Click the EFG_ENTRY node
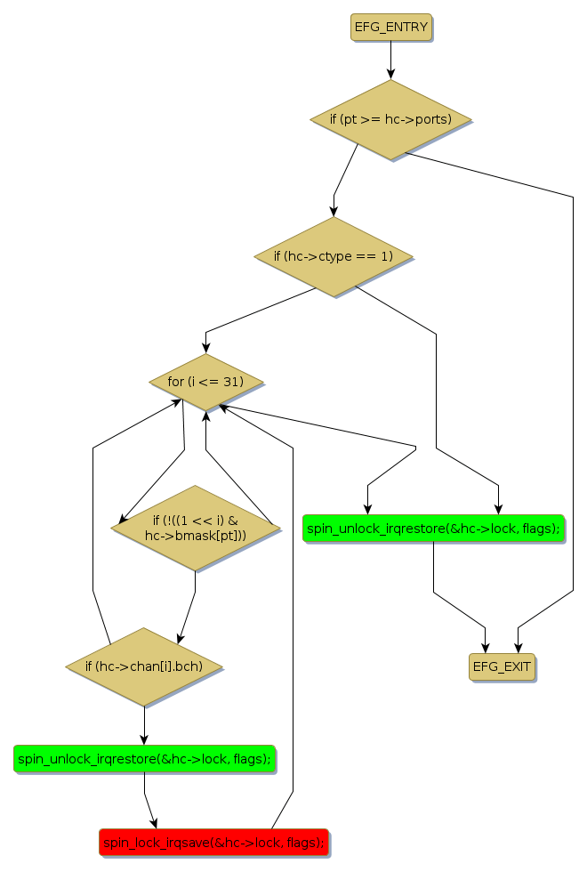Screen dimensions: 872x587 (391, 28)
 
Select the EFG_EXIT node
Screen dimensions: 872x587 (503, 666)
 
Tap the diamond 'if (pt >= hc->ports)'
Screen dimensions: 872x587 (390, 119)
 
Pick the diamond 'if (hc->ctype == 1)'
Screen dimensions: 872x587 (334, 256)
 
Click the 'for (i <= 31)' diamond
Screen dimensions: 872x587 (205, 382)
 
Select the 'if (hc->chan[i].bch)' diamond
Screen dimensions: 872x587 (144, 666)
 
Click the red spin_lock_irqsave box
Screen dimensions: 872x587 (213, 842)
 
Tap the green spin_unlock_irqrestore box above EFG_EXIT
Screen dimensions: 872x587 (433, 529)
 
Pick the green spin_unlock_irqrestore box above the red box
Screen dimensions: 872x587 (144, 758)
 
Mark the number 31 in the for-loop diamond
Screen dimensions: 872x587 (235, 382)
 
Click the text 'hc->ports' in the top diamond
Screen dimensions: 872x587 (418, 119)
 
